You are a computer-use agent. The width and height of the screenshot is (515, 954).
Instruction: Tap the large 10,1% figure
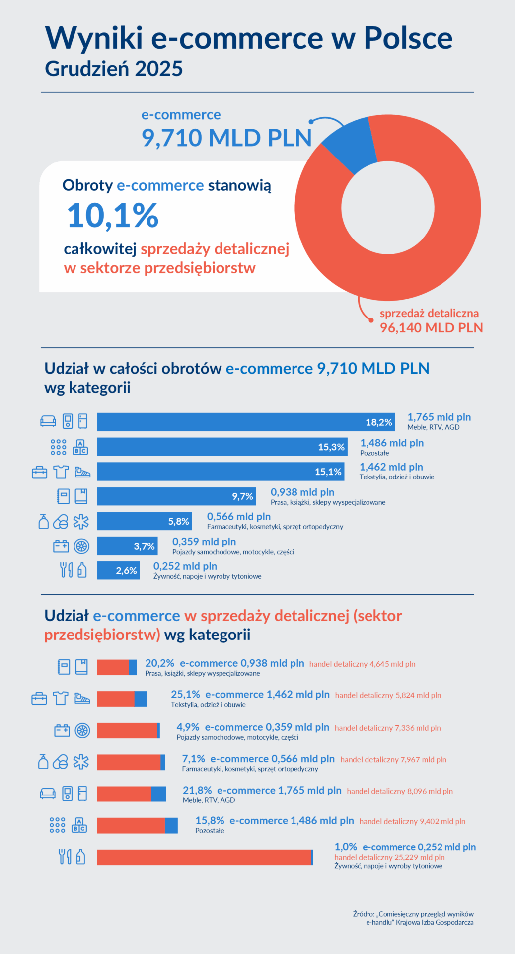pos(113,216)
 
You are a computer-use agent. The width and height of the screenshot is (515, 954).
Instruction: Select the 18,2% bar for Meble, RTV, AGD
pos(246,422)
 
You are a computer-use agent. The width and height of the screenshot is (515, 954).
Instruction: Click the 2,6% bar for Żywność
pos(118,570)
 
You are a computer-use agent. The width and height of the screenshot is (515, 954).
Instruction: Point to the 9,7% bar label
pos(242,496)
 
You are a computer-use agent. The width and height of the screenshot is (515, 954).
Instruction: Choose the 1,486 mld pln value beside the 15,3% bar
pos(392,443)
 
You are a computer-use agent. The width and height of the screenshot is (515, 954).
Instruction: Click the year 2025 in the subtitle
pos(158,69)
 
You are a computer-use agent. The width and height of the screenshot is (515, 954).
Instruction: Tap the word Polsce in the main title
pos(408,38)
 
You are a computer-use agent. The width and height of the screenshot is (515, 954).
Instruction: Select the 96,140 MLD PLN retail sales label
pos(431,328)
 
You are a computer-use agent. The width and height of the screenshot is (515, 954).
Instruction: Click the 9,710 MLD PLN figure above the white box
pos(226,138)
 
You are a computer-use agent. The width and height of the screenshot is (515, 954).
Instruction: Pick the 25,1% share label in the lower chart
pos(185,694)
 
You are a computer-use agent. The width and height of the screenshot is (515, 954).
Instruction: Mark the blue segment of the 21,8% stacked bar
pos(159,794)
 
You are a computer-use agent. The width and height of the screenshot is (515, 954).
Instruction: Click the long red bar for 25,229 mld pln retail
pos(204,857)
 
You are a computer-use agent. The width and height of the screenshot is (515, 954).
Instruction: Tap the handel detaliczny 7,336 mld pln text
pos(387,728)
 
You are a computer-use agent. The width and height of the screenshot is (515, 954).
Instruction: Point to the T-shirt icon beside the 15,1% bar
pos(61,472)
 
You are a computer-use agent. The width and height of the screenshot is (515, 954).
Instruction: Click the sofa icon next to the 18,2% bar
pos(48,421)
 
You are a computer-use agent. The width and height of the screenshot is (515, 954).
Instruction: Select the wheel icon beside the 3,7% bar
pos(81,546)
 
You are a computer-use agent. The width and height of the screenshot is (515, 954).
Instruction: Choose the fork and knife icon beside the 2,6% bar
pos(66,570)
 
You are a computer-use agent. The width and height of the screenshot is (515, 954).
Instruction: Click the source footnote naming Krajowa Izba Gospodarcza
pos(413,918)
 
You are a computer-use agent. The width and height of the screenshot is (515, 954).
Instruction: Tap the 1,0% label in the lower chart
pos(346,847)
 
